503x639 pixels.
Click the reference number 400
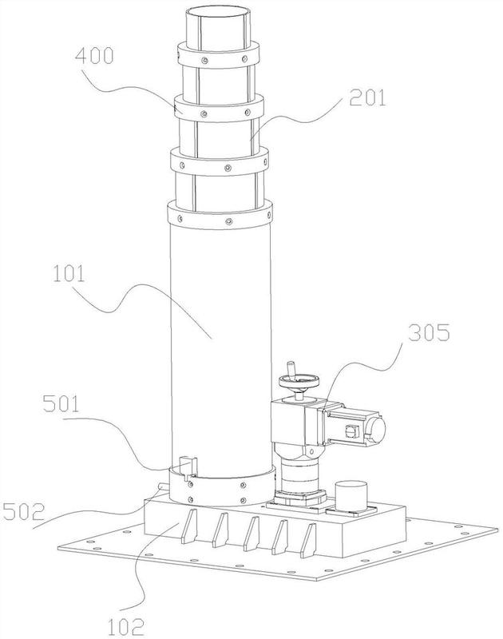(94, 56)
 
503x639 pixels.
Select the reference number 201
(367, 98)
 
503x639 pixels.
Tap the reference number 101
(69, 274)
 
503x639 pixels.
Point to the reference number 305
(430, 333)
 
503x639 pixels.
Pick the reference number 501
(61, 404)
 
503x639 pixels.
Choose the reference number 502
(23, 512)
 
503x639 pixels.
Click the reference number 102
(126, 628)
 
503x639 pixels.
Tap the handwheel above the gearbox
(299, 383)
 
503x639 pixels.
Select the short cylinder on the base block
(351, 497)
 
